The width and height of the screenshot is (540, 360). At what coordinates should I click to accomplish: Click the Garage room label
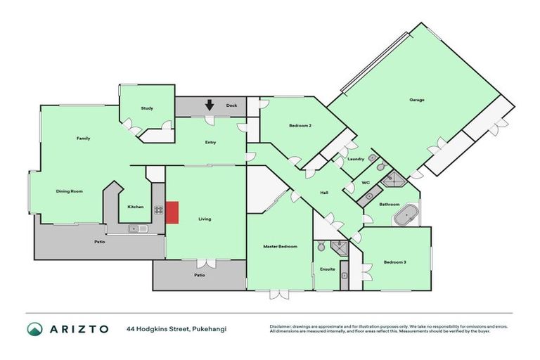(x=417, y=100)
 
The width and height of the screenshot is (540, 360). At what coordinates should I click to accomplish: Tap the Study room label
(x=147, y=108)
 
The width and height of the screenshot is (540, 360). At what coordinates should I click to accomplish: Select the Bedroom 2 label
(x=300, y=126)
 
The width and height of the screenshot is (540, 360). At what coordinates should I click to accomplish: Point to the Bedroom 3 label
(x=394, y=262)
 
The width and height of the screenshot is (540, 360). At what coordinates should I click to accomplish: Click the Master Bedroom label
(x=280, y=247)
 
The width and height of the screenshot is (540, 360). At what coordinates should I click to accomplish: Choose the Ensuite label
(x=328, y=269)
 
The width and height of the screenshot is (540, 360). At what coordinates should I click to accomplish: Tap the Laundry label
(x=356, y=159)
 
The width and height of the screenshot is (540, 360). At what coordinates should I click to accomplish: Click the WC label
(x=366, y=183)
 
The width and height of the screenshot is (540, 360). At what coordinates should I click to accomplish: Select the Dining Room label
(x=70, y=191)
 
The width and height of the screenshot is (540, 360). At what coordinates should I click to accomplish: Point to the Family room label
(x=83, y=139)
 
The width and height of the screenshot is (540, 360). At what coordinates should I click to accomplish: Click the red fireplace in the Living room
(x=172, y=212)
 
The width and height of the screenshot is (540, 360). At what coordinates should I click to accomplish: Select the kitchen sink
(x=134, y=229)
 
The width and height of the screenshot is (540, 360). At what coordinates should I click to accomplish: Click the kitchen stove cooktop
(x=159, y=209)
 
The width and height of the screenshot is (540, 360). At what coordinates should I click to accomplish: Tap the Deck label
(x=231, y=106)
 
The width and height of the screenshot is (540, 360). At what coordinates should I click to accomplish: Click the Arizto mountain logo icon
(x=35, y=329)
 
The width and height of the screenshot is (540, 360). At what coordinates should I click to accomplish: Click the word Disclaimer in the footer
(x=281, y=327)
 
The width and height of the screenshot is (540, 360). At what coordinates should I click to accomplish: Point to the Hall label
(x=324, y=193)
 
